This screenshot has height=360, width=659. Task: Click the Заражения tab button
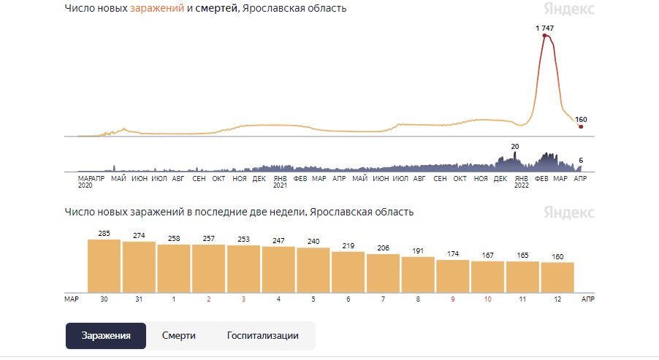[x=106, y=336]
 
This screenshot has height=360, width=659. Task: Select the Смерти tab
[x=179, y=336]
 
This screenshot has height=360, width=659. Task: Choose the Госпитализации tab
[x=263, y=336]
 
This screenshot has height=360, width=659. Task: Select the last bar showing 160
[x=557, y=277]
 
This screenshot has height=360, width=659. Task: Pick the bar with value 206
[x=383, y=273]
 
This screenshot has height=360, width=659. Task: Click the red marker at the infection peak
[x=545, y=35]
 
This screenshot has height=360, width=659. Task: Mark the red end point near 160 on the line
[x=581, y=127]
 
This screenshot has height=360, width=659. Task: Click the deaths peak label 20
[x=514, y=147]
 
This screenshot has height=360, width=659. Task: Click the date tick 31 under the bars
[x=139, y=299]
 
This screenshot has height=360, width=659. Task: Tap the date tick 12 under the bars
[x=557, y=299]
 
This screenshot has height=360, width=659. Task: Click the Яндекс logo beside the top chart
[x=569, y=9]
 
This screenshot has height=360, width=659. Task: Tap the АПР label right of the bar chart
[x=587, y=299]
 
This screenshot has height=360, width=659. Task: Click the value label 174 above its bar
[x=453, y=253]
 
